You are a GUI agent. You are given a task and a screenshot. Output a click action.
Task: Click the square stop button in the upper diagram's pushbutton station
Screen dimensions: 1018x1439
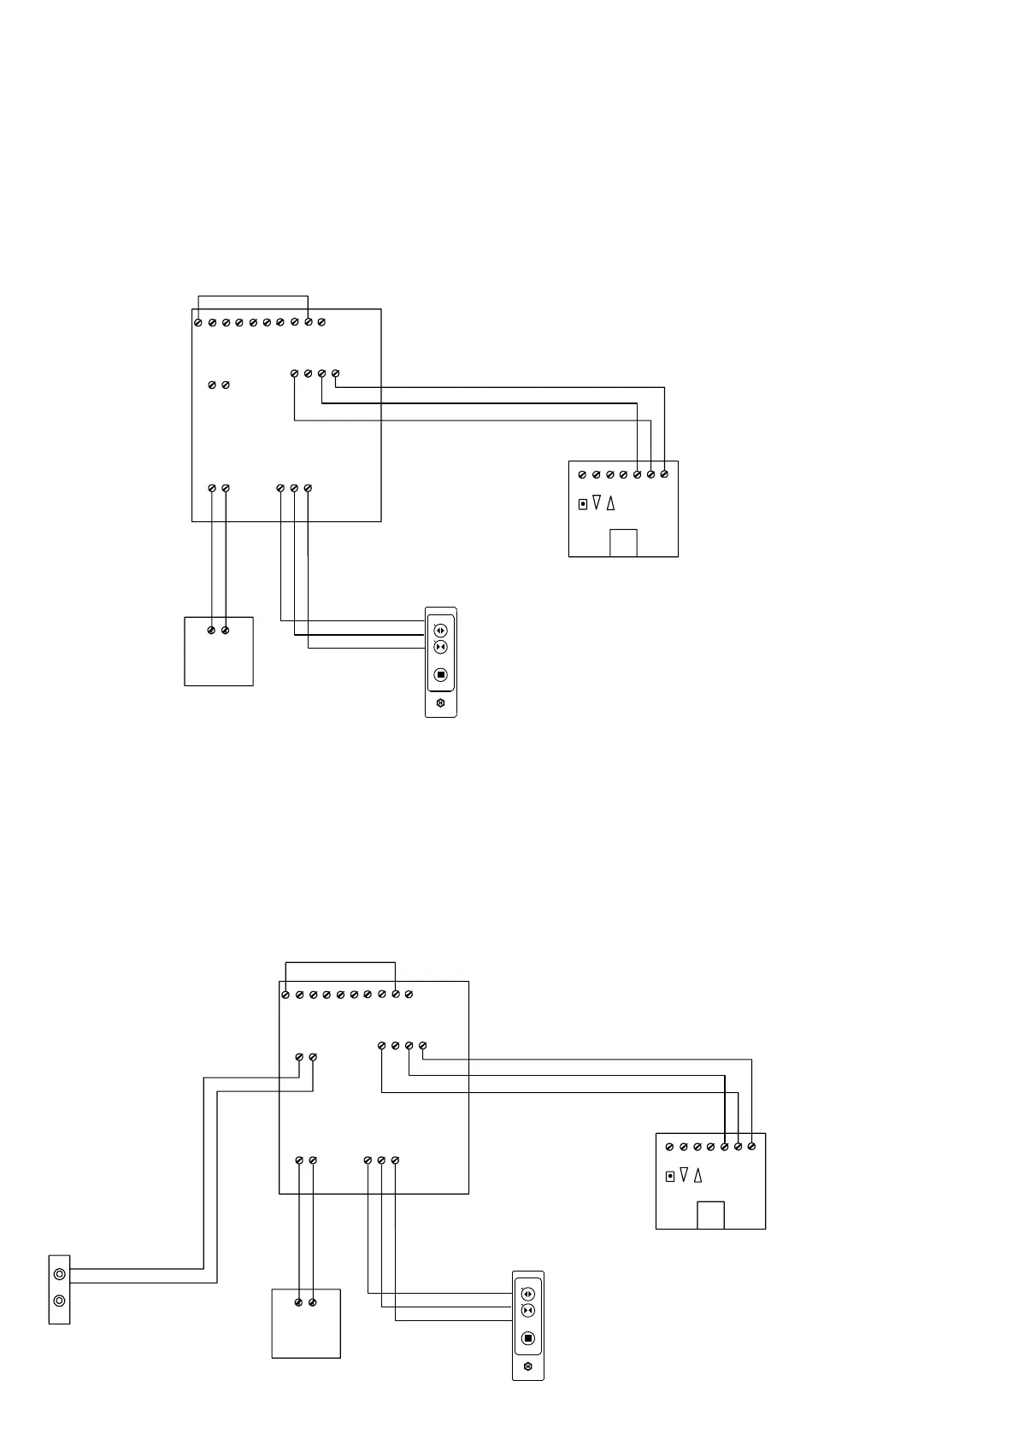pos(441,675)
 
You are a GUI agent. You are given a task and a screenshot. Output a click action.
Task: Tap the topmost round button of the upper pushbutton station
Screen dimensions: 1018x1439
pos(441,631)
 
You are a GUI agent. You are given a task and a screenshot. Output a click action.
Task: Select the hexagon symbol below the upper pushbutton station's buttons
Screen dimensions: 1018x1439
pos(441,704)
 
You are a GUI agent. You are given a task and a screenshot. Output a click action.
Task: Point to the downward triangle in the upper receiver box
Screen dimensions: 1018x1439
pos(597,503)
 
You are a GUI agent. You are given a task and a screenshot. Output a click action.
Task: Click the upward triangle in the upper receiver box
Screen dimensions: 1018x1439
pos(610,503)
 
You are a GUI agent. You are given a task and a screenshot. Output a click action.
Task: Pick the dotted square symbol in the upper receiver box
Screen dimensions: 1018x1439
pos(583,503)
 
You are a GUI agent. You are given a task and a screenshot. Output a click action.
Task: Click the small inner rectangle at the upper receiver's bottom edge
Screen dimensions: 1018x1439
pos(623,543)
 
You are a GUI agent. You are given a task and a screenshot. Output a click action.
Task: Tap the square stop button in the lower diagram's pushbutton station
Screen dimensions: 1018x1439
pos(528,1338)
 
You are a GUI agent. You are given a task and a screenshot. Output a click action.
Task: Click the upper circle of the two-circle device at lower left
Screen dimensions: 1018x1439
pos(59,1275)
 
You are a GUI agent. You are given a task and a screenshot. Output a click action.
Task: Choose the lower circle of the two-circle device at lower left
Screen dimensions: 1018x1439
pos(59,1301)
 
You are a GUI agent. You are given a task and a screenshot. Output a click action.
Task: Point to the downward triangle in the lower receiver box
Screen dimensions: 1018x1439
pos(684,1176)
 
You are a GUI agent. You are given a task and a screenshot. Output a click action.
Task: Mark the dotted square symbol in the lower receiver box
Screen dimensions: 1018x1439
pos(670,1176)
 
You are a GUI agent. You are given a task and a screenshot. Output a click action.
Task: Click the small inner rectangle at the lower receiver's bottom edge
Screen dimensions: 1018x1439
pos(710,1215)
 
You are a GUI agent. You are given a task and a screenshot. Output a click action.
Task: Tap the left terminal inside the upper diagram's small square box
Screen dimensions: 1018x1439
pos(212,631)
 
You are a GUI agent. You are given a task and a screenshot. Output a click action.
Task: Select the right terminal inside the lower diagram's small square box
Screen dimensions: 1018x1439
pos(313,1302)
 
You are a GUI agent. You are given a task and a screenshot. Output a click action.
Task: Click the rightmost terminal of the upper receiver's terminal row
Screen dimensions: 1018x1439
pos(664,474)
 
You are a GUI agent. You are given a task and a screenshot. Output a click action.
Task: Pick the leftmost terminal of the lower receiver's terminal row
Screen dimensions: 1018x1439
pos(670,1147)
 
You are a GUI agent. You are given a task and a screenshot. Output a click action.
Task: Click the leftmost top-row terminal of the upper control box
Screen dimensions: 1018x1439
pos(198,323)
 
